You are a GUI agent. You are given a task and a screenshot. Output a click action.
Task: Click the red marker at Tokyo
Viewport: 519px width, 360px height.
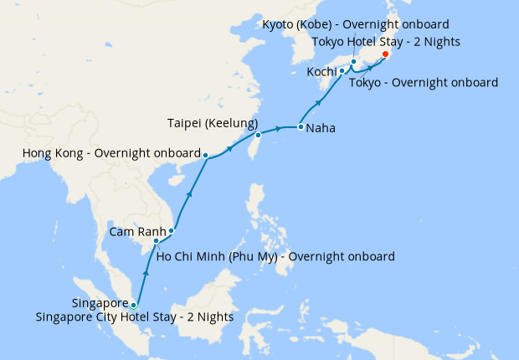pos(385,54)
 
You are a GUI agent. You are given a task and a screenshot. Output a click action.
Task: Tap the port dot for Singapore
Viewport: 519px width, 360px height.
pos(133,305)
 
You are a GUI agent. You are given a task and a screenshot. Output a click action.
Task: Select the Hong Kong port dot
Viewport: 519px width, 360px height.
pos(205,155)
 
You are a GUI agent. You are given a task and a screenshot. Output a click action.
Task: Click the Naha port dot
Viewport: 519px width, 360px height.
pos(301,128)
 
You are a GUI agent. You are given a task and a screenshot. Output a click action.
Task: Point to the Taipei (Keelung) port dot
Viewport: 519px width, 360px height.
pos(258,135)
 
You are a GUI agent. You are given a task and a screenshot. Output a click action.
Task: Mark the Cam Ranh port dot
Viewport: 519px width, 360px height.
pos(172,231)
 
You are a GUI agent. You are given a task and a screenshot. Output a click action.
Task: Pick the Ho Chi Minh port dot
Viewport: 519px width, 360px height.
pos(156,241)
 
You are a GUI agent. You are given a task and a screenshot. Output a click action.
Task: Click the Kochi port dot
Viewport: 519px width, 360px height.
pos(342,71)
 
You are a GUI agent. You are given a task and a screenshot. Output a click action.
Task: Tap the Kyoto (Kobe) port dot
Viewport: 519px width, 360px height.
pos(353,61)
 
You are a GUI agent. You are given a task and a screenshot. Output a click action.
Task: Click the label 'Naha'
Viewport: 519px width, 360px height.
pos(322,129)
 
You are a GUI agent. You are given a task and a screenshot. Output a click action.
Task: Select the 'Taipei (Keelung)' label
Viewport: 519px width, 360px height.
pos(212,123)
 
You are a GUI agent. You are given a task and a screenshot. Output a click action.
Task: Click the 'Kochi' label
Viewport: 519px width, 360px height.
pos(322,72)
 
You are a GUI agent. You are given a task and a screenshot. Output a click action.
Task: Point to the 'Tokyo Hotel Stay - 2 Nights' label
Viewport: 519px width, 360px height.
pos(385,41)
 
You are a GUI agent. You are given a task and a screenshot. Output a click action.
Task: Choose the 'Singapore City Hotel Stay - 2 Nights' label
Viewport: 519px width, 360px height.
pos(134,317)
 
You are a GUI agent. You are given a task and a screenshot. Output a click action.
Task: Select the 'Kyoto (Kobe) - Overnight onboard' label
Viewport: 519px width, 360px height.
pos(356,24)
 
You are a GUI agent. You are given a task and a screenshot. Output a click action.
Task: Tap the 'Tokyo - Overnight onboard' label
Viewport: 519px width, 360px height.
pos(423,83)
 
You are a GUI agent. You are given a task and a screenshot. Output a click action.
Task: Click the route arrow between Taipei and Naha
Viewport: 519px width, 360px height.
pos(280,128)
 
